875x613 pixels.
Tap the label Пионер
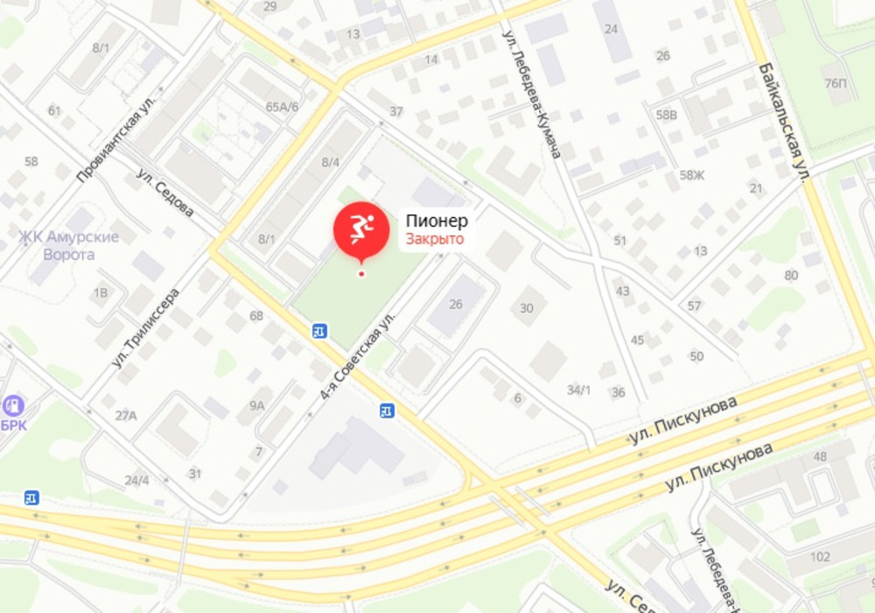click(x=436, y=222)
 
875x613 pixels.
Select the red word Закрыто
click(x=434, y=239)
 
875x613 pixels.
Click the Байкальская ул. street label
click(x=783, y=123)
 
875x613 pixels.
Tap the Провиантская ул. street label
click(x=115, y=145)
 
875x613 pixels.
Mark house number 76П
click(x=836, y=83)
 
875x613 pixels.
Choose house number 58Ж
click(x=692, y=175)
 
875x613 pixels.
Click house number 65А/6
click(x=283, y=107)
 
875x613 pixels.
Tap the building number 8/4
click(x=330, y=162)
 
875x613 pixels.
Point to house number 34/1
click(x=578, y=391)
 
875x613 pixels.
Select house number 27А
click(x=126, y=415)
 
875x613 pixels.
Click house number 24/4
click(x=136, y=481)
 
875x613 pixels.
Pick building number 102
click(x=820, y=556)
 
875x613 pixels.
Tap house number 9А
click(x=256, y=405)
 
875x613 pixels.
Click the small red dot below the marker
click(x=361, y=274)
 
